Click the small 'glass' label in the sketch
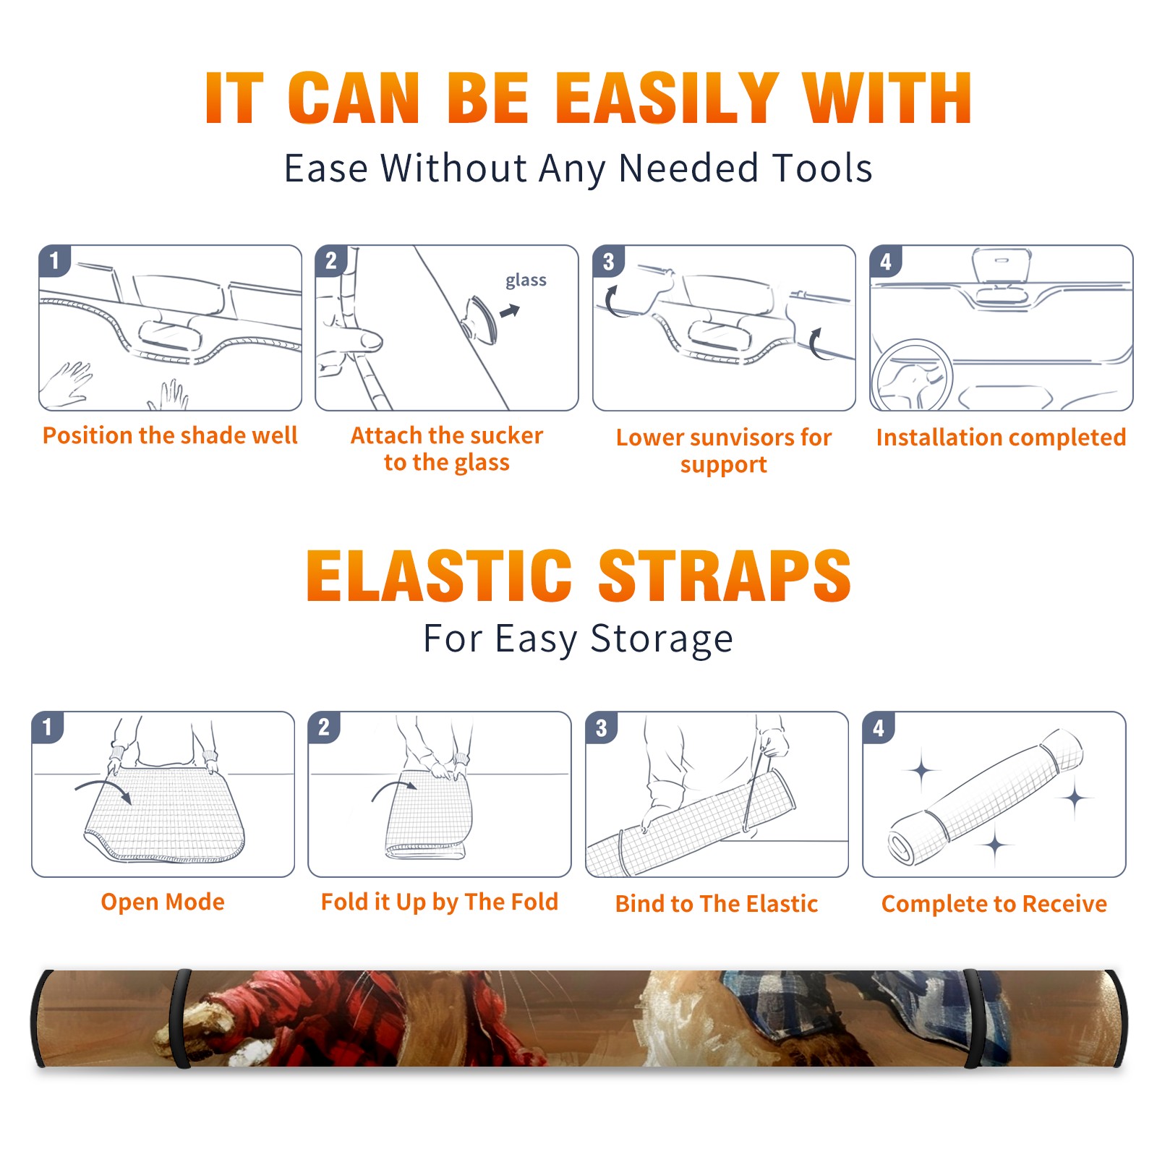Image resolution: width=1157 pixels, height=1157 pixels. pyautogui.click(x=526, y=280)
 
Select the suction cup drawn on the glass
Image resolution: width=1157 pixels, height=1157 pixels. pyautogui.click(x=481, y=320)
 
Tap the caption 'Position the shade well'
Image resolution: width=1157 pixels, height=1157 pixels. pyautogui.click(x=170, y=435)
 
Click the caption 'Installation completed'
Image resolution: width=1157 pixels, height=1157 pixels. pyautogui.click(x=1001, y=437)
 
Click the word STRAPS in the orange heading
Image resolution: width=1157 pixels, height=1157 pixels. pyautogui.click(x=725, y=576)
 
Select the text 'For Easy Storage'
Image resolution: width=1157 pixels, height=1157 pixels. pyautogui.click(x=578, y=639)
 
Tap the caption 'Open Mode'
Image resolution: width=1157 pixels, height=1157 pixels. pyautogui.click(x=163, y=902)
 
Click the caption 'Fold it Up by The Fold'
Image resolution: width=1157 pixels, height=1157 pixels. pyautogui.click(x=440, y=902)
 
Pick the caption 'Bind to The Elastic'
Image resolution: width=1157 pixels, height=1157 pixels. pyautogui.click(x=717, y=904)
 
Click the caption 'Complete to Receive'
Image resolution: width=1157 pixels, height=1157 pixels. pyautogui.click(x=994, y=904)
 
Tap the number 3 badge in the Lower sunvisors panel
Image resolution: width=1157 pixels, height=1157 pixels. pyautogui.click(x=608, y=261)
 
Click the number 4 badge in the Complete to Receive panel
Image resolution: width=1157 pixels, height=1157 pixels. pyautogui.click(x=879, y=727)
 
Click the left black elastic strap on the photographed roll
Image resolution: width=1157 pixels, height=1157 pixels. pyautogui.click(x=179, y=1019)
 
